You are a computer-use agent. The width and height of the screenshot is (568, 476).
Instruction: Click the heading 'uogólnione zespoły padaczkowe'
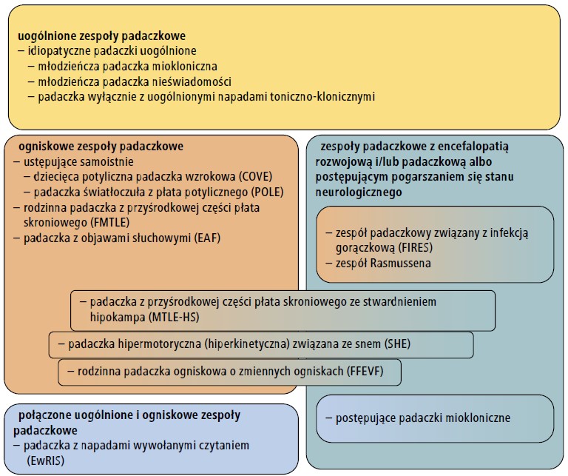tap(102, 36)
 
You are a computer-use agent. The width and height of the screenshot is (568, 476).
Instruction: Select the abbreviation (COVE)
tap(255, 177)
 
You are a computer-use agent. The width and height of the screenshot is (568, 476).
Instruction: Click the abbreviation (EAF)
tap(207, 238)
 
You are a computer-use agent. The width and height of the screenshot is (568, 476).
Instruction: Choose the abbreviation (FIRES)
tap(415, 247)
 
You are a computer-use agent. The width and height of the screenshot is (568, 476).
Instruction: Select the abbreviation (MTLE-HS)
tap(174, 318)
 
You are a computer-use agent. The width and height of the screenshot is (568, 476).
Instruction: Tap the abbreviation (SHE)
tap(397, 343)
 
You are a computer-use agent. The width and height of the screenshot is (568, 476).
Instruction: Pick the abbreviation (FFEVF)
tap(365, 371)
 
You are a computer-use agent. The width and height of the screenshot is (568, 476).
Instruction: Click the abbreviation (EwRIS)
tap(45, 460)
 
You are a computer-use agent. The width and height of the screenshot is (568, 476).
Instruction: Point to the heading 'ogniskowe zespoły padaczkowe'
tap(101, 147)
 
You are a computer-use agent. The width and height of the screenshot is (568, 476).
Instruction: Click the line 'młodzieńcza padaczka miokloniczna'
tap(127, 67)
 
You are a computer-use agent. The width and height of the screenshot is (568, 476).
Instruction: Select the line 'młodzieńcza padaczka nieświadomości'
tap(135, 82)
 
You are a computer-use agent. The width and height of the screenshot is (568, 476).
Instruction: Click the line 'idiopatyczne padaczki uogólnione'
tap(112, 51)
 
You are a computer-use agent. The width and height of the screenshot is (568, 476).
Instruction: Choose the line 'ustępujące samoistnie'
tap(78, 162)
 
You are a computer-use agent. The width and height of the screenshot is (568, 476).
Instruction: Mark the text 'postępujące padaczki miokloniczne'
tap(423, 418)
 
